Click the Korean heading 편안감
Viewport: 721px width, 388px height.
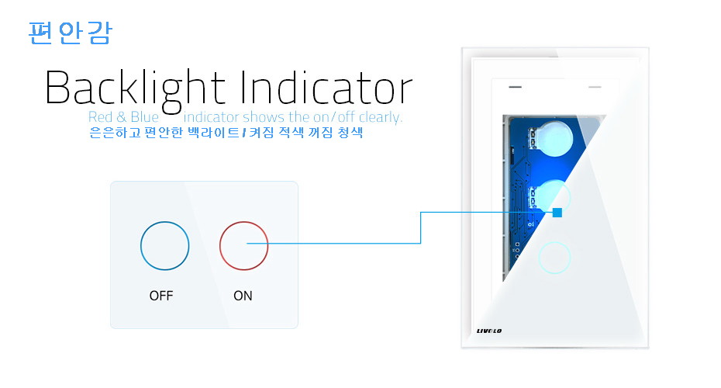click(70, 33)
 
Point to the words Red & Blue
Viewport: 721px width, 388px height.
click(123, 117)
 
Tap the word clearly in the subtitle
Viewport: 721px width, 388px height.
click(381, 117)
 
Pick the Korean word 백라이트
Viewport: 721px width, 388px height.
click(214, 133)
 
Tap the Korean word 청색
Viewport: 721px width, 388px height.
click(350, 133)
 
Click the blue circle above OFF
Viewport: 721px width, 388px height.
click(164, 222)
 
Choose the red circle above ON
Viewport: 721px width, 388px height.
click(243, 222)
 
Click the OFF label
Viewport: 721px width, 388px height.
click(161, 296)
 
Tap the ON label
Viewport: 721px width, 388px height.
click(243, 296)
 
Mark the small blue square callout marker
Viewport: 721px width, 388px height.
click(557, 213)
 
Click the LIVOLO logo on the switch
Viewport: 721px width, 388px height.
click(489, 331)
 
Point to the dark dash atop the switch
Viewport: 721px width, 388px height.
click(515, 87)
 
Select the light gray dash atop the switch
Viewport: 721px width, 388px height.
click(595, 87)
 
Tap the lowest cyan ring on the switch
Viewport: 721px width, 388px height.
click(554, 241)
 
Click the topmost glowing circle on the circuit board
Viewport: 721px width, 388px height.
click(554, 138)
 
